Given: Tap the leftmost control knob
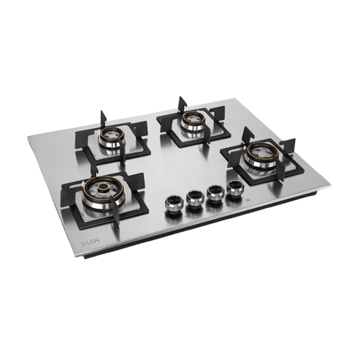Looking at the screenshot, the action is (174, 204).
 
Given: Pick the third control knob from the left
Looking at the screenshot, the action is (215, 193).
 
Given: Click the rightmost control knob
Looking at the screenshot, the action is (235, 188).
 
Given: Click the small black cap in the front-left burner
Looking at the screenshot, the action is (104, 186).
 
